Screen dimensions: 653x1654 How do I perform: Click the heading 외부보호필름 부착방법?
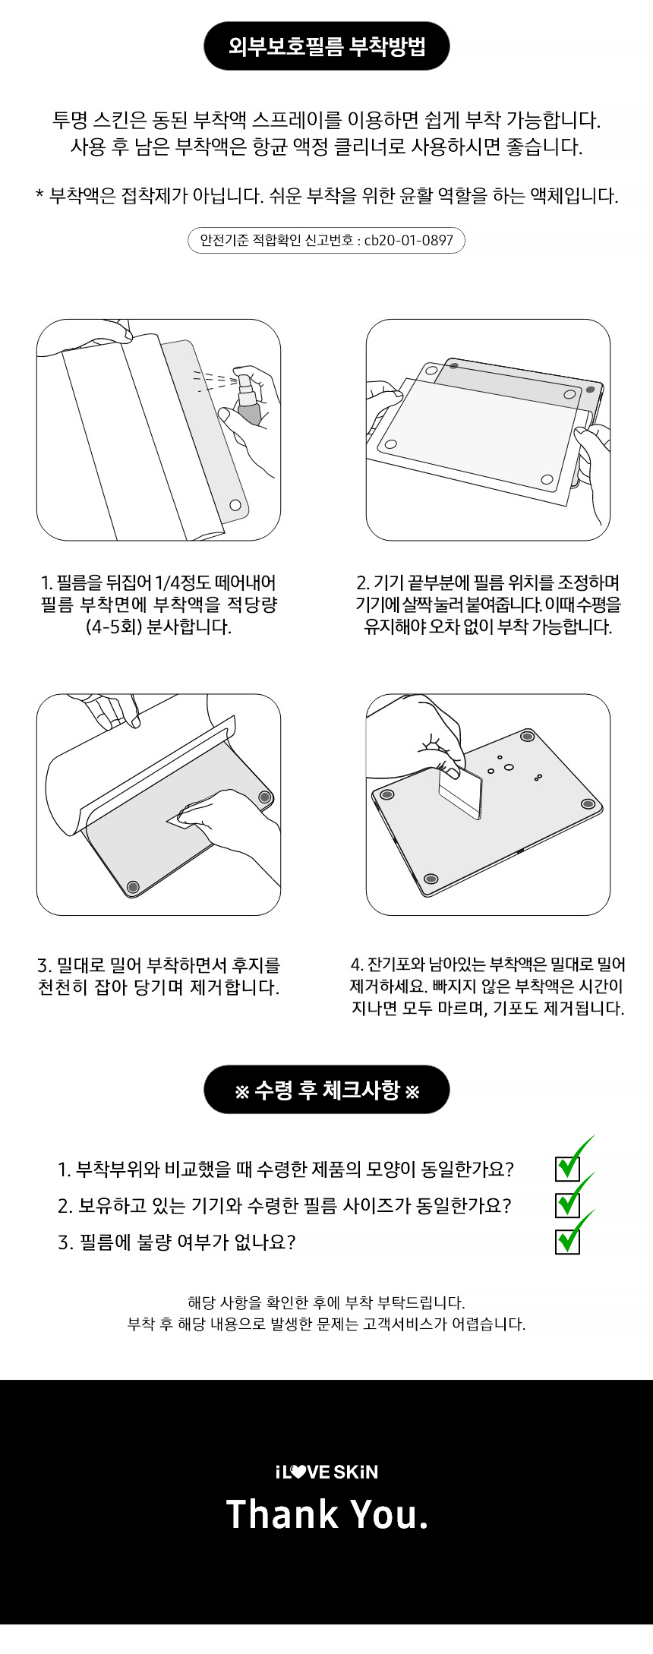(x=326, y=46)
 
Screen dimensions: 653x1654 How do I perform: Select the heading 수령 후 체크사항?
(x=326, y=1091)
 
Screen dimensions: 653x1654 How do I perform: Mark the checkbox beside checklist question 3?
(x=568, y=1242)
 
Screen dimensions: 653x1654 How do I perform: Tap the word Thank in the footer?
(x=282, y=1514)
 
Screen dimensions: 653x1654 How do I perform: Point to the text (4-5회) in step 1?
(x=113, y=627)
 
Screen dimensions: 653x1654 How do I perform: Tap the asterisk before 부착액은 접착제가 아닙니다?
(x=39, y=196)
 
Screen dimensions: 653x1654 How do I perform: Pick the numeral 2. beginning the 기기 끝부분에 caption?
(x=363, y=583)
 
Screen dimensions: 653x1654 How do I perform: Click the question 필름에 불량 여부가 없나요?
(x=187, y=1242)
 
